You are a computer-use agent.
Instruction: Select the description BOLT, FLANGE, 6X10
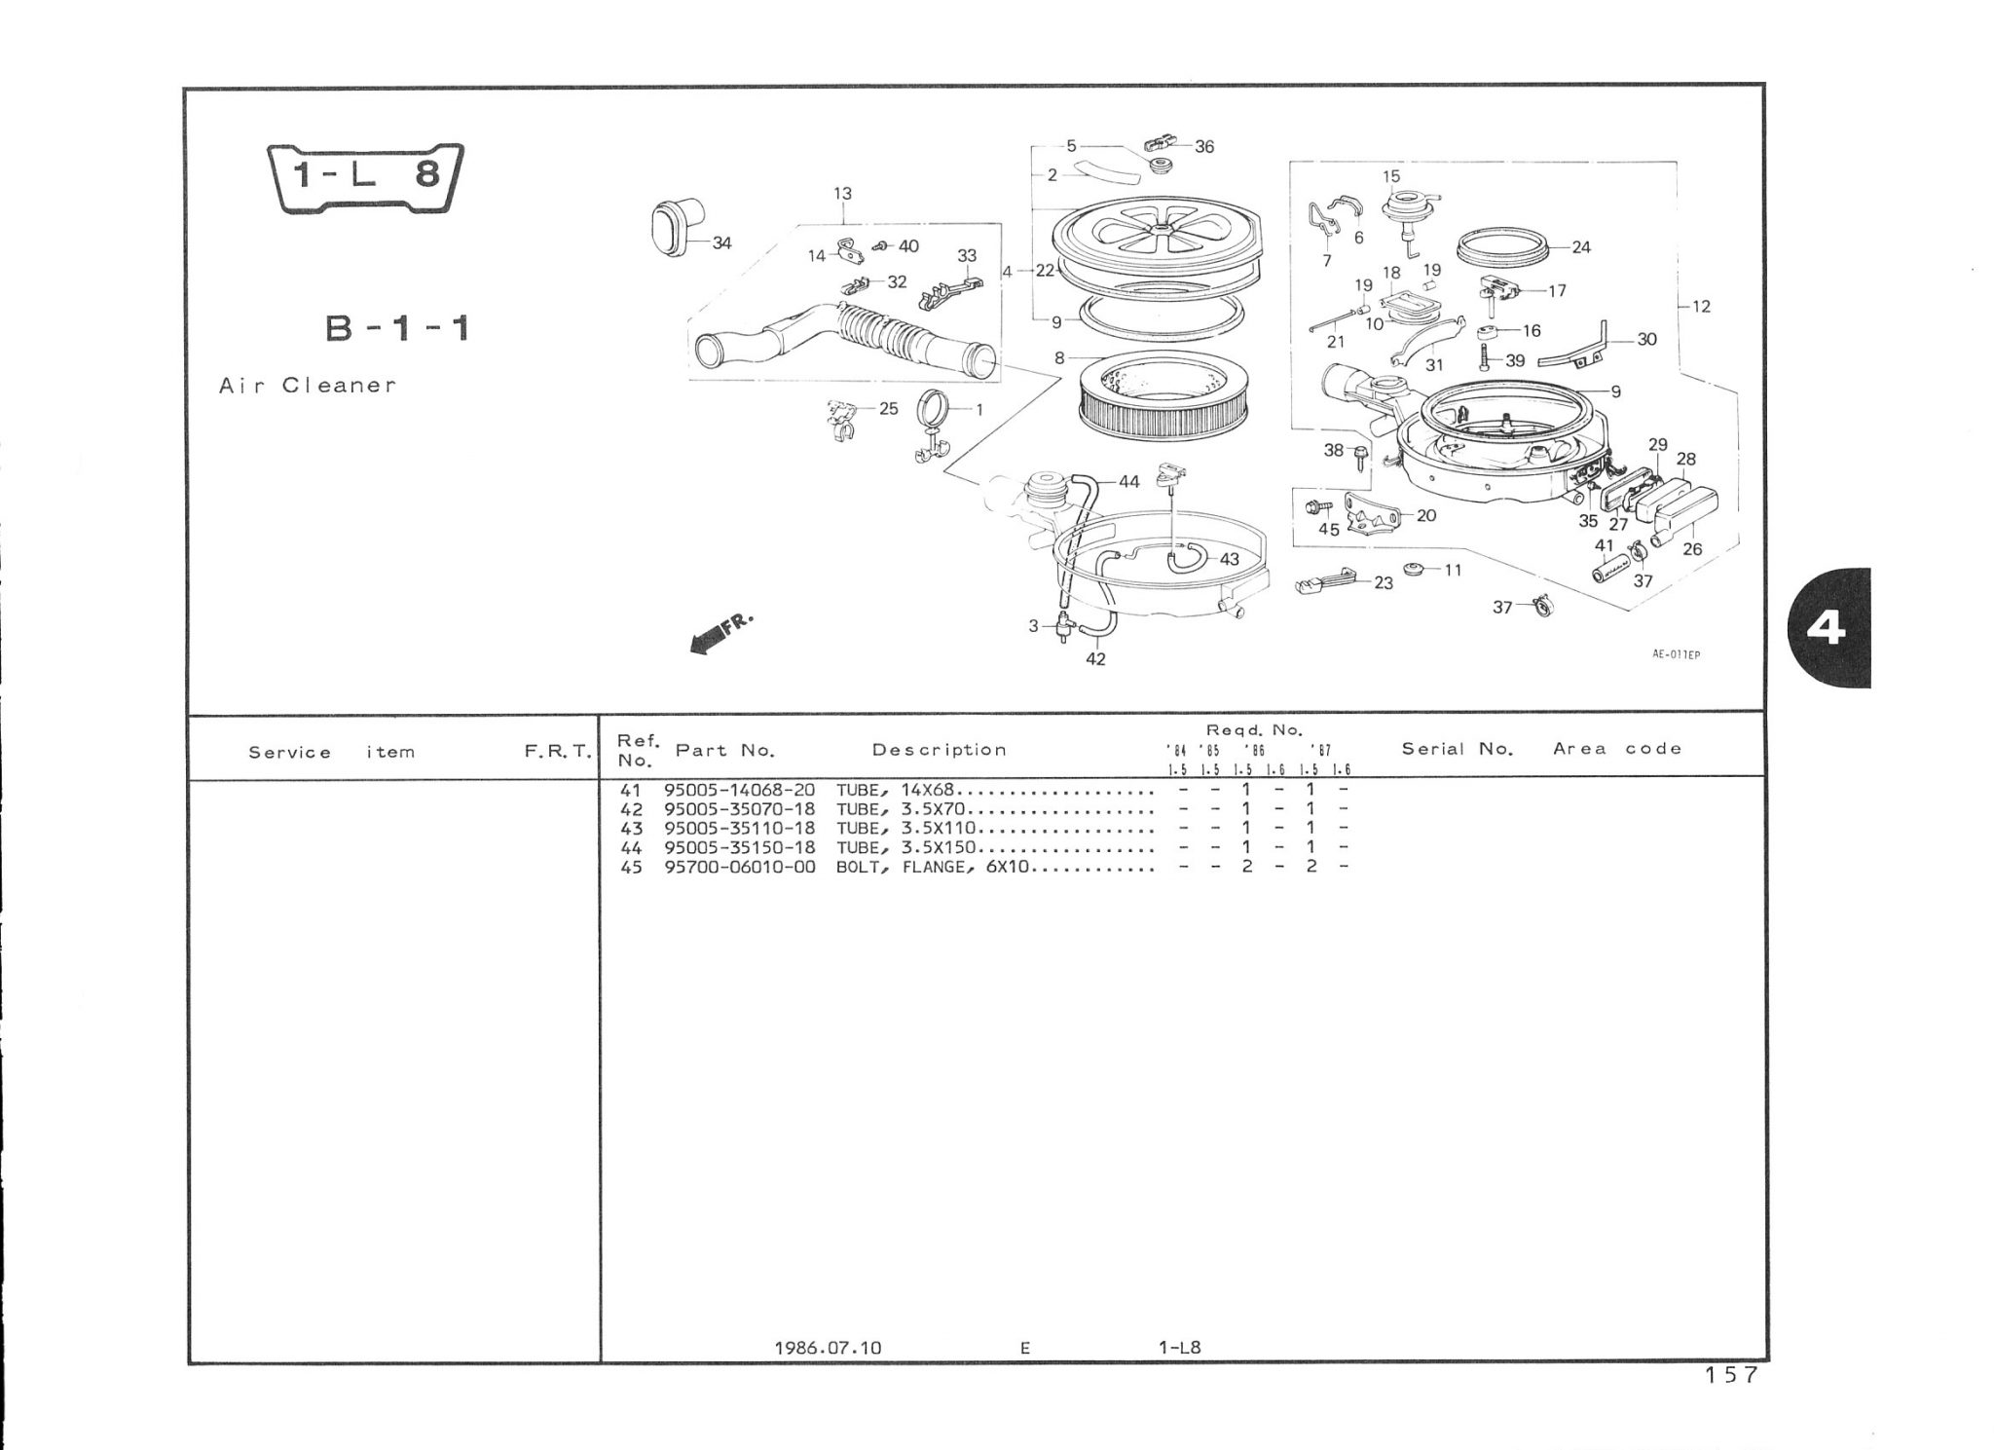pos(932,867)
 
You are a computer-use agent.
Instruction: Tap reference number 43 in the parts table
pos(631,829)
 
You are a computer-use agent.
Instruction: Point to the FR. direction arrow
pos(720,634)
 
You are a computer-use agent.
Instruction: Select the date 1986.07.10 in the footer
pos(828,1348)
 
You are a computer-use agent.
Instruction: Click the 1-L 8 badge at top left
pos(365,177)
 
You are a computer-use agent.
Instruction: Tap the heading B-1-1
pos(397,329)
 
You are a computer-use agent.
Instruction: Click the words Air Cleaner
pos(308,385)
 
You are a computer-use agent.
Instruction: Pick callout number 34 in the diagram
pos(721,242)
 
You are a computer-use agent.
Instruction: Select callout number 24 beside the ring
pos(1580,247)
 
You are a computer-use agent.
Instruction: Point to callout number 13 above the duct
pos(842,194)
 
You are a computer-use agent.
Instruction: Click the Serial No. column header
pos(1458,749)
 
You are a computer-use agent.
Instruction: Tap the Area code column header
pos(1617,749)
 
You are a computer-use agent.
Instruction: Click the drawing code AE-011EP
pos(1676,655)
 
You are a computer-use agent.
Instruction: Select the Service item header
pos(332,752)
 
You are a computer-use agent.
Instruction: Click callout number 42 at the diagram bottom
pos(1095,659)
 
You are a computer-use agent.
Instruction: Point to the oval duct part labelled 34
pos(672,230)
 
